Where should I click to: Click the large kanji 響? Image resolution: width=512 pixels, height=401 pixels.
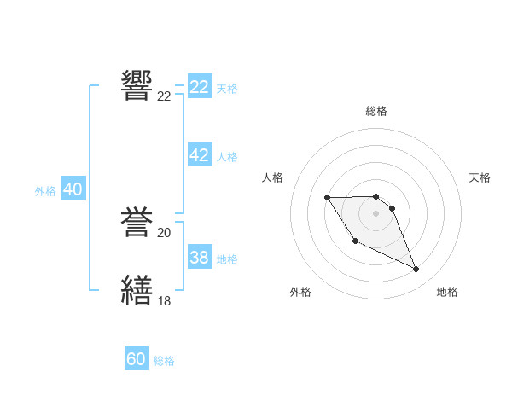point(138,86)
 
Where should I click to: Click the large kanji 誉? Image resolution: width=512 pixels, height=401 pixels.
point(138,223)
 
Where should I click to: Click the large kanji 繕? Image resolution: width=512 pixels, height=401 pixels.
point(138,290)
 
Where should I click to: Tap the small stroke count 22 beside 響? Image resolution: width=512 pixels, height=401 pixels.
point(164,96)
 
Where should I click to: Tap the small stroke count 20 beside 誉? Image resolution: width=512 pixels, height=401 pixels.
point(164,233)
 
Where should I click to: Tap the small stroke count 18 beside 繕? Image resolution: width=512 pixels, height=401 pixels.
point(164,300)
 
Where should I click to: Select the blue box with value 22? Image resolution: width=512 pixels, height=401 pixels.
point(200,87)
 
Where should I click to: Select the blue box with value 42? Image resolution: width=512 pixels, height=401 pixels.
point(200,155)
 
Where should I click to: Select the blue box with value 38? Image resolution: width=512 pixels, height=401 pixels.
point(200,258)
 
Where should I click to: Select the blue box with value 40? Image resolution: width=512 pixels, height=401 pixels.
point(73,189)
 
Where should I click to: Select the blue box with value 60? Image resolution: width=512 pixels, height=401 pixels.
point(137,359)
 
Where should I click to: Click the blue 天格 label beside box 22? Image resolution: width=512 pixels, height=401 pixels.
point(227,88)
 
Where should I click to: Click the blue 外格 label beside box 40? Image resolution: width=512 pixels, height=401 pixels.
point(45,191)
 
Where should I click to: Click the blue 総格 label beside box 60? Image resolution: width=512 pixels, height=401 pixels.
point(164,361)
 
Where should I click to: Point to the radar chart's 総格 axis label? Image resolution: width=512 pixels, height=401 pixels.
point(376,111)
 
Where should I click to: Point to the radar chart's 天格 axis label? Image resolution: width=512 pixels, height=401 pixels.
point(480,177)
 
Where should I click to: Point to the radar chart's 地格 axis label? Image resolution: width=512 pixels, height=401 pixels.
point(447,292)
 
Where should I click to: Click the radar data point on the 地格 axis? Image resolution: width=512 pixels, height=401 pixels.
point(416,270)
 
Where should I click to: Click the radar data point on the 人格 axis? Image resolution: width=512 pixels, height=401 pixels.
point(328,198)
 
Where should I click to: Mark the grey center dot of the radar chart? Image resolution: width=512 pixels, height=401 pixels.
point(376,212)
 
